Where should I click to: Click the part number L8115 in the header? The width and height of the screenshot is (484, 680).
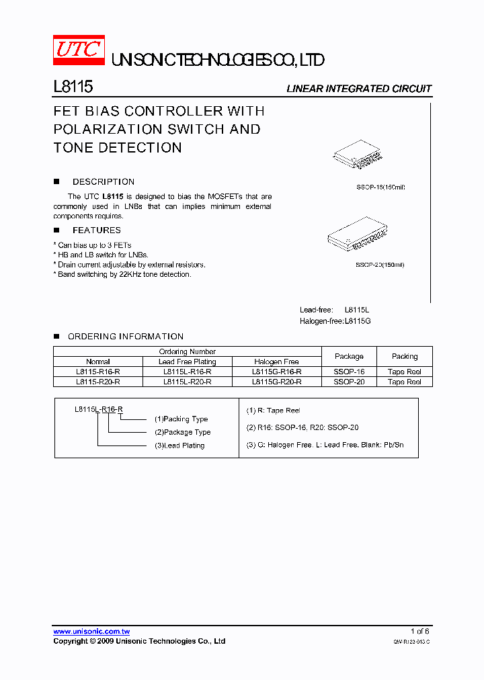(73, 87)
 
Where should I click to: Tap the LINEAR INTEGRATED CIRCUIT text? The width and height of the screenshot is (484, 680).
(359, 89)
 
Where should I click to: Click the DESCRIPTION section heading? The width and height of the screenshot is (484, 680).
(103, 182)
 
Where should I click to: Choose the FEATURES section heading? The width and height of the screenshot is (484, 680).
(96, 230)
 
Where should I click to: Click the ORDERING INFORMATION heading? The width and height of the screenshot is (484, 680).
(126, 337)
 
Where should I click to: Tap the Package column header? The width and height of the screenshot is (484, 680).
(349, 356)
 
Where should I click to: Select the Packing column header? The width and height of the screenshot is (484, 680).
(405, 356)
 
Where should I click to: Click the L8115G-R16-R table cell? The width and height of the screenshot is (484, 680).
(276, 372)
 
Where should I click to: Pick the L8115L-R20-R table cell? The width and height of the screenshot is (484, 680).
(188, 382)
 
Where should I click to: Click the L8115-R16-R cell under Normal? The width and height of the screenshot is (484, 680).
(98, 372)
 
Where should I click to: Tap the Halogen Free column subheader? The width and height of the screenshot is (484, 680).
(276, 362)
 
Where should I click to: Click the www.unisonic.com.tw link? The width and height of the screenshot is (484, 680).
(91, 632)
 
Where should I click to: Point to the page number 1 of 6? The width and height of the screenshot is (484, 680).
(419, 632)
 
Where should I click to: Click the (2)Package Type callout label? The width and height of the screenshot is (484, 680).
(183, 432)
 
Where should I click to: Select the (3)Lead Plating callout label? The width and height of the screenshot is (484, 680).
(179, 445)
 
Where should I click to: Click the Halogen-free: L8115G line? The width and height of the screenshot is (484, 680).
(335, 321)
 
